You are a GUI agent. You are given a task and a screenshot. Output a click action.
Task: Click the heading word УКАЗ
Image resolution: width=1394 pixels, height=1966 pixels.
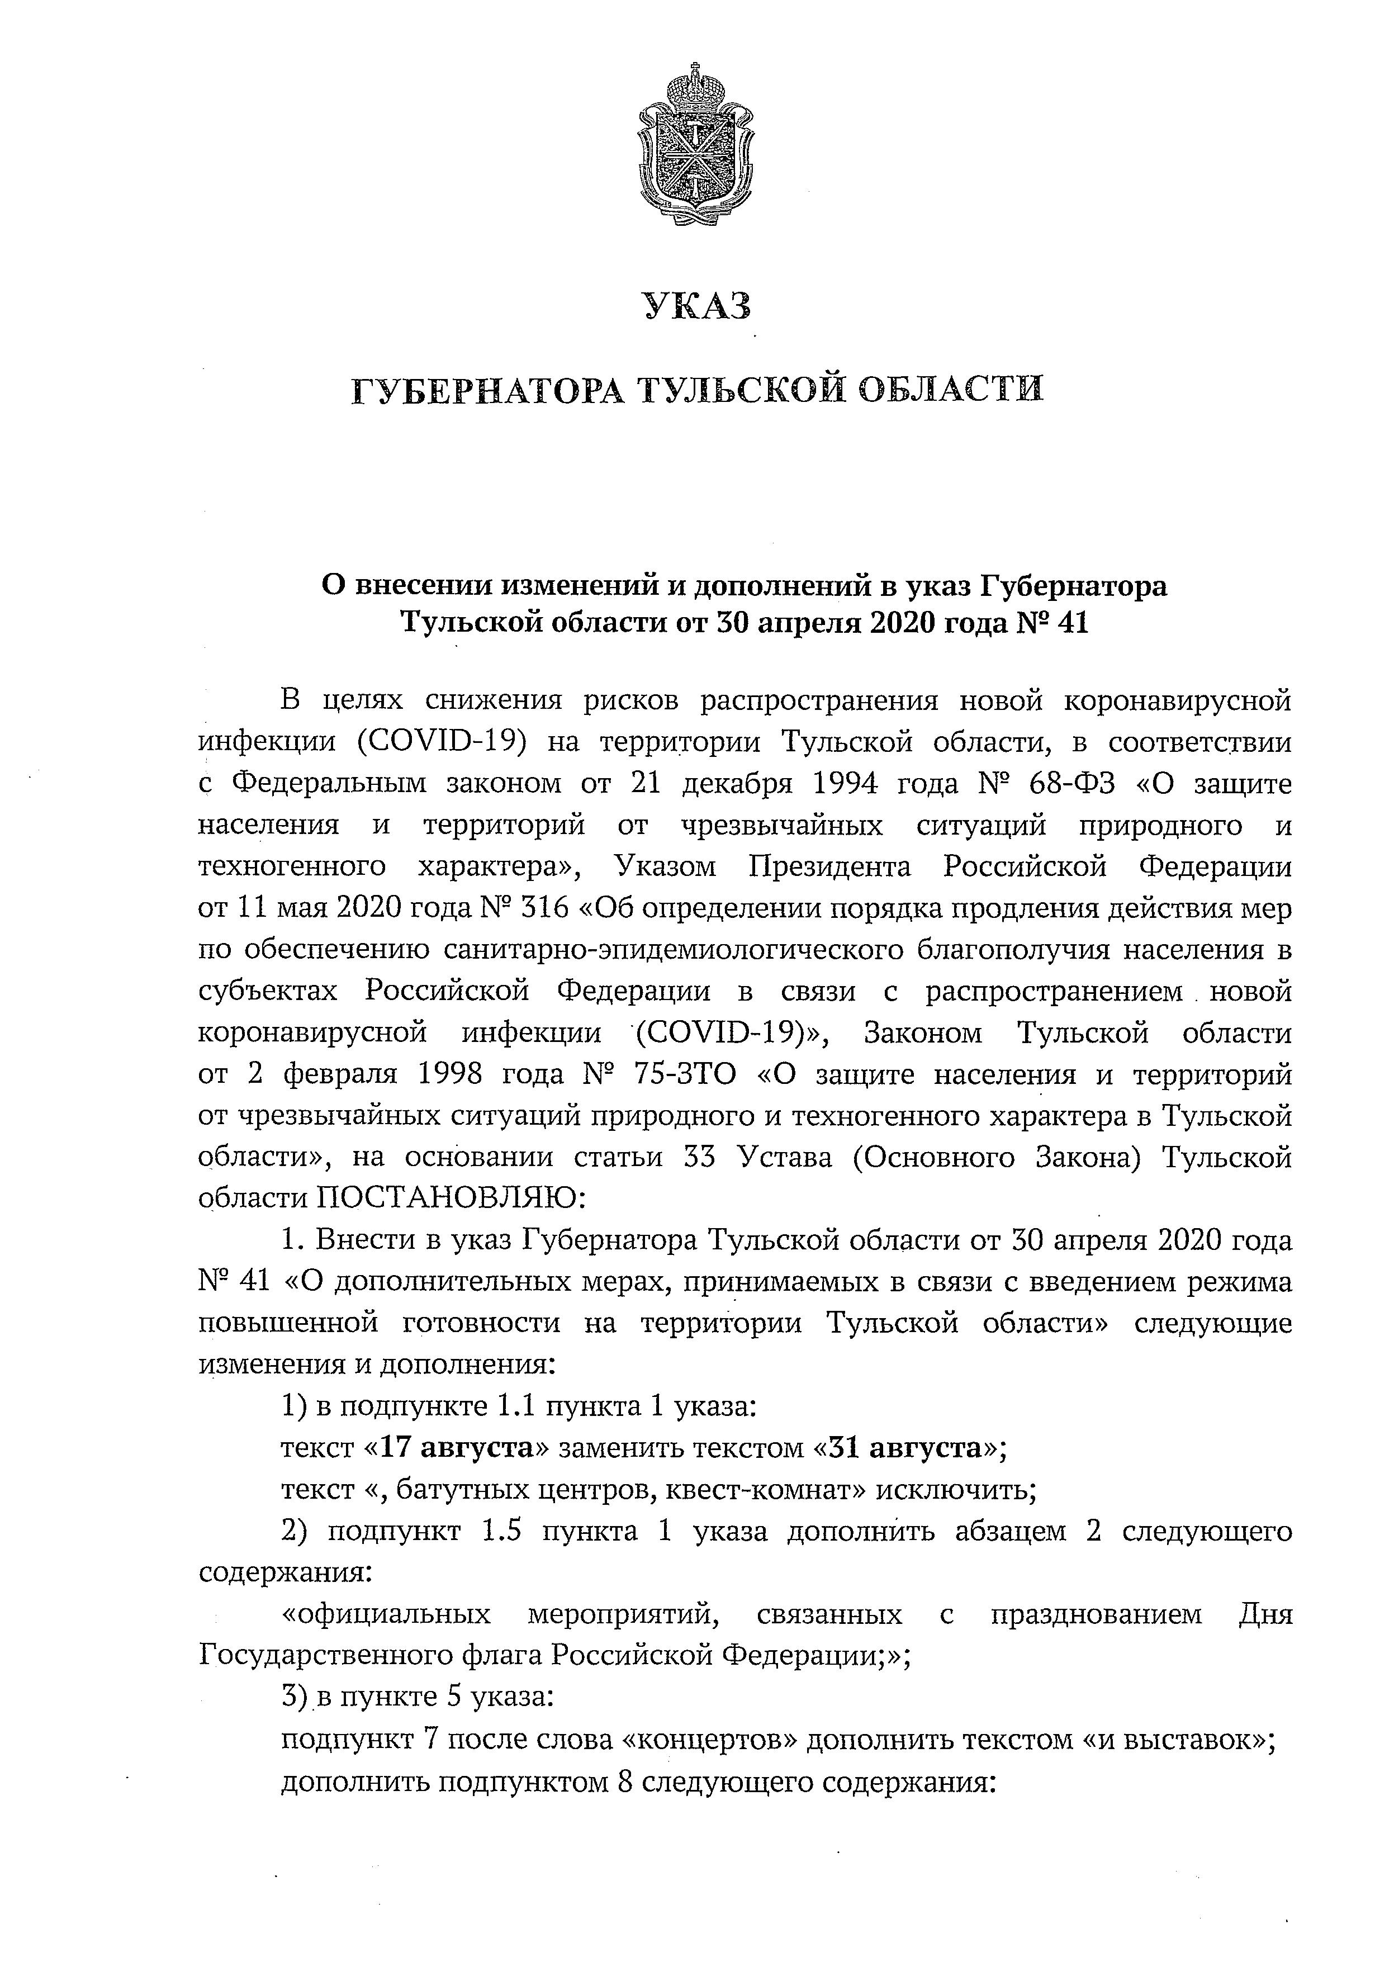click(x=697, y=306)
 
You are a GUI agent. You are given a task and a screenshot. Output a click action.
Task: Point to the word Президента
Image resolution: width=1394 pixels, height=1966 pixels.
click(x=828, y=867)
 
